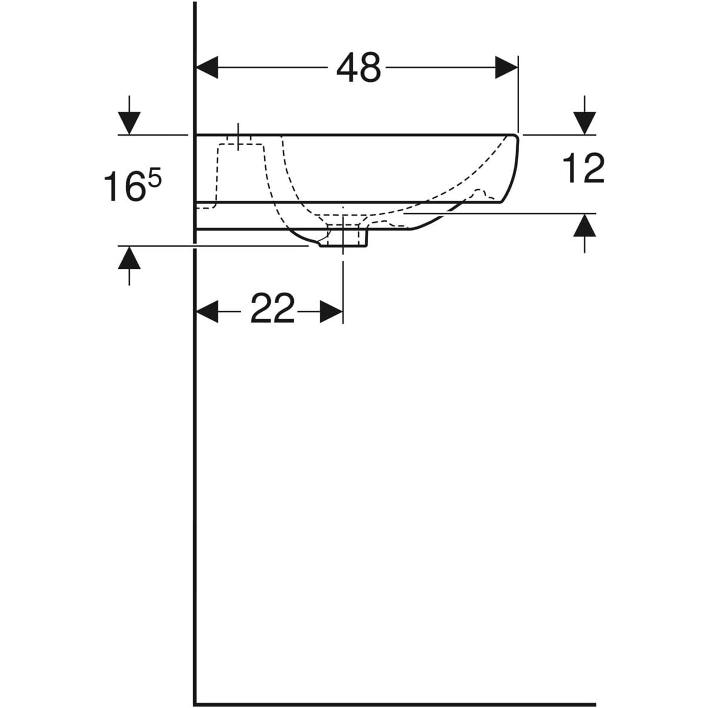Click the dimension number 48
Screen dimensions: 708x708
[359, 67]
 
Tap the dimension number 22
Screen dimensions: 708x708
[272, 308]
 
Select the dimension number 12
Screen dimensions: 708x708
[584, 168]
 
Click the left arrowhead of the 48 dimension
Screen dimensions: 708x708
[208, 68]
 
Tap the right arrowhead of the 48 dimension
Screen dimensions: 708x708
[507, 68]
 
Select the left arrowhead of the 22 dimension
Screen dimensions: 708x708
[208, 312]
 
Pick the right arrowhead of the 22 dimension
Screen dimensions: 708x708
[332, 312]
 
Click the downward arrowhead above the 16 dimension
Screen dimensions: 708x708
[129, 123]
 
